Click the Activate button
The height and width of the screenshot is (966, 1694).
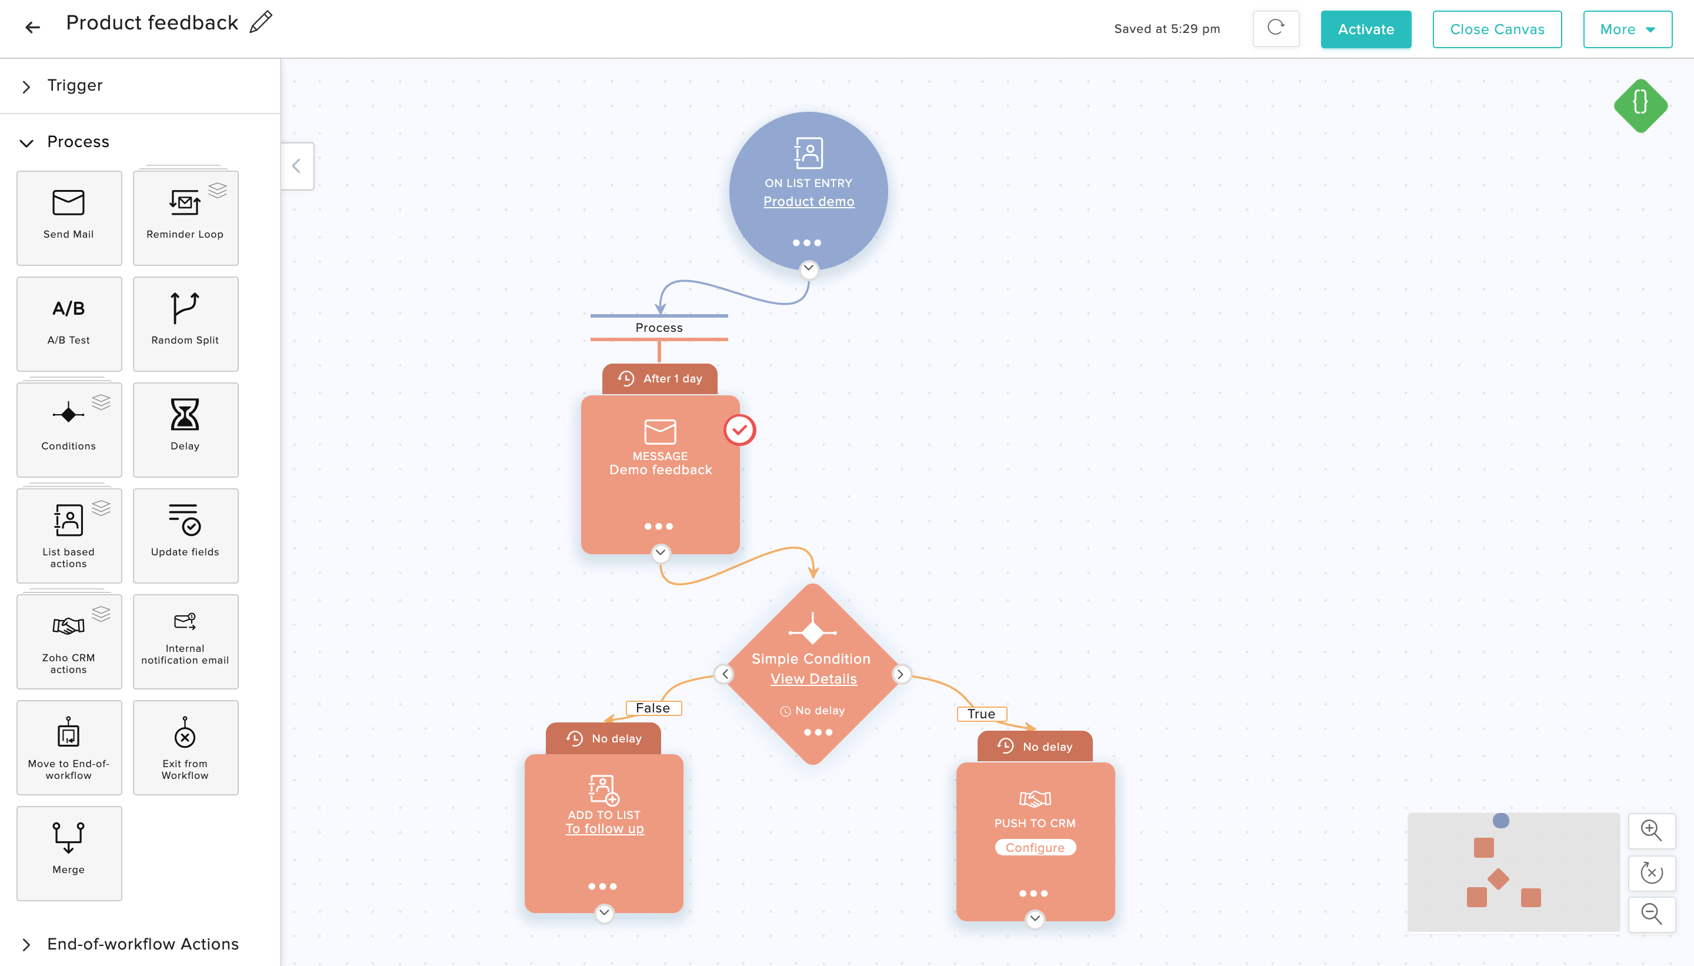pyautogui.click(x=1365, y=29)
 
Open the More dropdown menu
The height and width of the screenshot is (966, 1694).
pyautogui.click(x=1627, y=29)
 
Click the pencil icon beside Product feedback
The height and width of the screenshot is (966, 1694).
pyautogui.click(x=261, y=22)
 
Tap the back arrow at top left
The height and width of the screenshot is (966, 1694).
pyautogui.click(x=32, y=27)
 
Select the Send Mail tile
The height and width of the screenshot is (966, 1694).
pyautogui.click(x=69, y=218)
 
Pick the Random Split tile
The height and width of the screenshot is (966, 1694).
pyautogui.click(x=185, y=324)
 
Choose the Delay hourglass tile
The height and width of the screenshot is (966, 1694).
pyautogui.click(x=185, y=429)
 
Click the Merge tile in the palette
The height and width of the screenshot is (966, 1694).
pyautogui.click(x=69, y=853)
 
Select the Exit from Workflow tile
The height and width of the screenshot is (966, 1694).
pyautogui.click(x=185, y=747)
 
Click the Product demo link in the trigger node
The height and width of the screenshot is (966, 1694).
pyautogui.click(x=809, y=201)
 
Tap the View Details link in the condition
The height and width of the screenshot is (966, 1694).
pyautogui.click(x=813, y=679)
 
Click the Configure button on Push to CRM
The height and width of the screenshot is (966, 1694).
pyautogui.click(x=1035, y=847)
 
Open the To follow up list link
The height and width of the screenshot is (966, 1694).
pyautogui.click(x=604, y=829)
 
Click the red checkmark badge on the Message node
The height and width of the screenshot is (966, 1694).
pyautogui.click(x=739, y=430)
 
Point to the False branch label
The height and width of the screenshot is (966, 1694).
pyautogui.click(x=653, y=708)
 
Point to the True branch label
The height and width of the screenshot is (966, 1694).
pyautogui.click(x=982, y=714)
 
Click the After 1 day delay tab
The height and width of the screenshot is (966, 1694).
pyautogui.click(x=659, y=379)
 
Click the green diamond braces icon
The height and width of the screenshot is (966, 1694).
pyautogui.click(x=1640, y=105)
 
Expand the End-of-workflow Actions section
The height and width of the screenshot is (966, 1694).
pyautogui.click(x=142, y=944)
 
